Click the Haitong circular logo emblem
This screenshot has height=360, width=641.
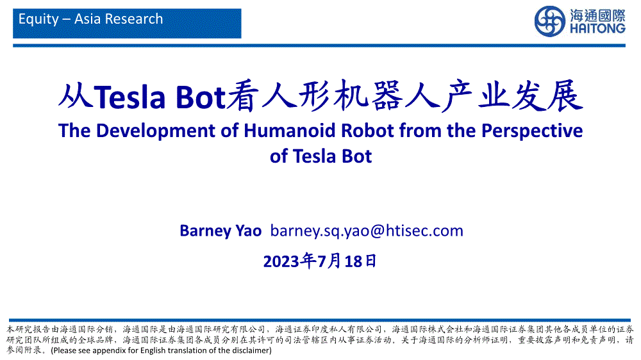click(x=550, y=21)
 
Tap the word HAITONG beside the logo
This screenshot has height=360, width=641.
click(x=597, y=29)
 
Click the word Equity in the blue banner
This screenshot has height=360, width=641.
click(x=39, y=19)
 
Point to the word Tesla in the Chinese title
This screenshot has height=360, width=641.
click(x=129, y=97)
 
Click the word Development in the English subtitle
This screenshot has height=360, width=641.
click(x=156, y=131)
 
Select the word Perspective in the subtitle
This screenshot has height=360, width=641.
click(x=532, y=131)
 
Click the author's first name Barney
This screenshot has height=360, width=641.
click(x=205, y=231)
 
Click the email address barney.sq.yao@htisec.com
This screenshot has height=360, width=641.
click(x=367, y=231)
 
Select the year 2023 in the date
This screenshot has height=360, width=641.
click(x=281, y=261)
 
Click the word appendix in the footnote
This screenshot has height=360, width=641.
click(x=110, y=351)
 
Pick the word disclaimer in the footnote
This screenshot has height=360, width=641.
click(x=250, y=350)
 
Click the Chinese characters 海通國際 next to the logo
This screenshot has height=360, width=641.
click(x=597, y=15)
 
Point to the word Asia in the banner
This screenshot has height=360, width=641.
click(x=88, y=19)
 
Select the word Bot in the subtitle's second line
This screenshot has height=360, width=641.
click(x=357, y=156)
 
